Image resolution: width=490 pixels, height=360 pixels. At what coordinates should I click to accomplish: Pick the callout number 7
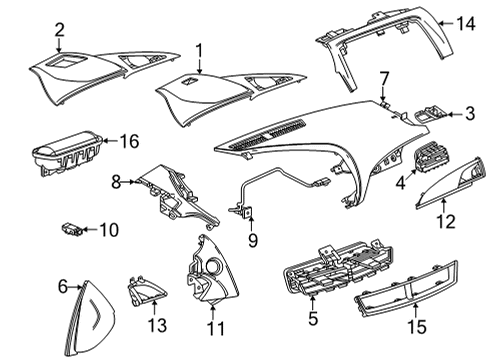[x=383, y=76]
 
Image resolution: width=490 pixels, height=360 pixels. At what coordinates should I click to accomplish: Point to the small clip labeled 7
[x=384, y=101]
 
